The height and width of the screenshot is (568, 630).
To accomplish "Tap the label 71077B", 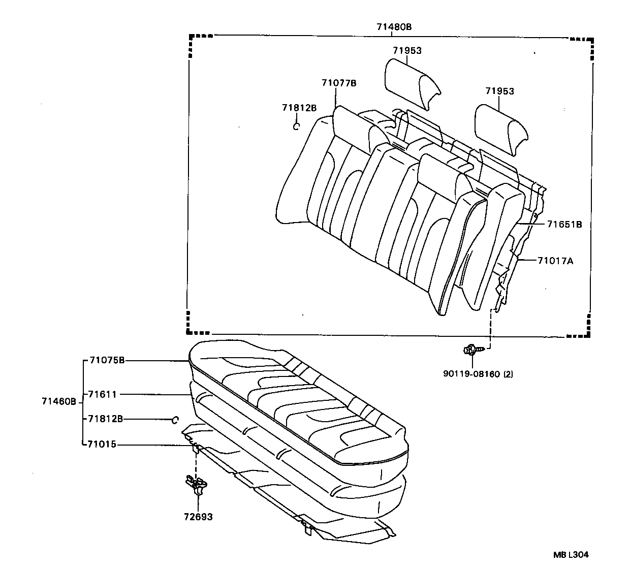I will (x=339, y=83).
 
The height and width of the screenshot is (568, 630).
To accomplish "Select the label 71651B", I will (x=564, y=224).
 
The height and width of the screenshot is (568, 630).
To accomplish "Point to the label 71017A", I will (x=555, y=261).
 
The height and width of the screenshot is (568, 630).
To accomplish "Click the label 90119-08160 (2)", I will (x=478, y=374).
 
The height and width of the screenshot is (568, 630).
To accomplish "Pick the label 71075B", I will (x=107, y=360).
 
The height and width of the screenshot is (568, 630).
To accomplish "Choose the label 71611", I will (x=102, y=394).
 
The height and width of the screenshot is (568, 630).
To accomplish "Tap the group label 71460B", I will (x=59, y=401).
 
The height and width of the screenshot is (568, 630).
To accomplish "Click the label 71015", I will (x=102, y=445).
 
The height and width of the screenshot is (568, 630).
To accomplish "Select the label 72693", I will (x=198, y=517).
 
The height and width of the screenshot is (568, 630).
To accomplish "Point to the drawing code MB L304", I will (x=571, y=555).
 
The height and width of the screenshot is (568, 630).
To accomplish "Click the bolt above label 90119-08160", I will (x=471, y=350).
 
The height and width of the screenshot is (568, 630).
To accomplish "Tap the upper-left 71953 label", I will (x=407, y=51).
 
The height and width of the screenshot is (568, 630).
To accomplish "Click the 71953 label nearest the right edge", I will (x=499, y=91).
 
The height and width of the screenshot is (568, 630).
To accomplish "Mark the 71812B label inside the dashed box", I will (x=299, y=108).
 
